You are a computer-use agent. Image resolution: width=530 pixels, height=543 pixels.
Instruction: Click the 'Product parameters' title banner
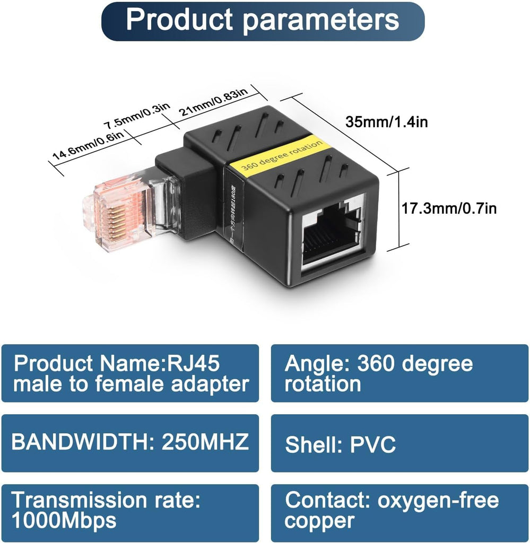[263, 21]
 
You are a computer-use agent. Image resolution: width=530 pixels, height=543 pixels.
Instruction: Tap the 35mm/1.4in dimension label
[387, 122]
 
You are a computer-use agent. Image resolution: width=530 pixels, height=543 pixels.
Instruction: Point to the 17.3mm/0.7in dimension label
[448, 208]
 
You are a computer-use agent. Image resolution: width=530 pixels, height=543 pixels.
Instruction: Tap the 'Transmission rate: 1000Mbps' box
[130, 510]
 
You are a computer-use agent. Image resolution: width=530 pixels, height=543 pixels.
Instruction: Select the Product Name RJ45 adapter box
[130, 373]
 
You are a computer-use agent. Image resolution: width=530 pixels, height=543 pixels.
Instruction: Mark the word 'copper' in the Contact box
[319, 521]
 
